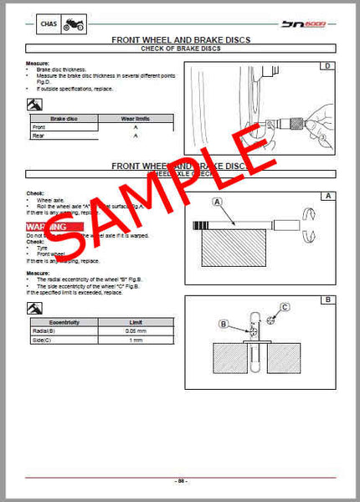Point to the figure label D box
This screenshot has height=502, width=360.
click(x=327, y=65)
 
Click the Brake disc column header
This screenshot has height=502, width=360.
click(x=64, y=119)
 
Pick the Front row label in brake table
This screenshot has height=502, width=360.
click(x=39, y=126)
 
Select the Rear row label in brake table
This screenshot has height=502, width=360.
click(x=39, y=135)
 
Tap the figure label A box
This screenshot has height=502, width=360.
click(x=327, y=196)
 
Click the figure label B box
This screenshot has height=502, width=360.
click(x=327, y=299)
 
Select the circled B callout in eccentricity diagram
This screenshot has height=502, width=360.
click(x=224, y=324)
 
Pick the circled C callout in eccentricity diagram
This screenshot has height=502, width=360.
click(x=284, y=308)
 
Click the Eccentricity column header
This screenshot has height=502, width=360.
click(x=65, y=322)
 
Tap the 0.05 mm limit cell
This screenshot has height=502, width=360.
click(x=136, y=331)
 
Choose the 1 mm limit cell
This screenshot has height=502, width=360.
click(x=136, y=341)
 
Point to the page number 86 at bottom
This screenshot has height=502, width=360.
click(x=180, y=482)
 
